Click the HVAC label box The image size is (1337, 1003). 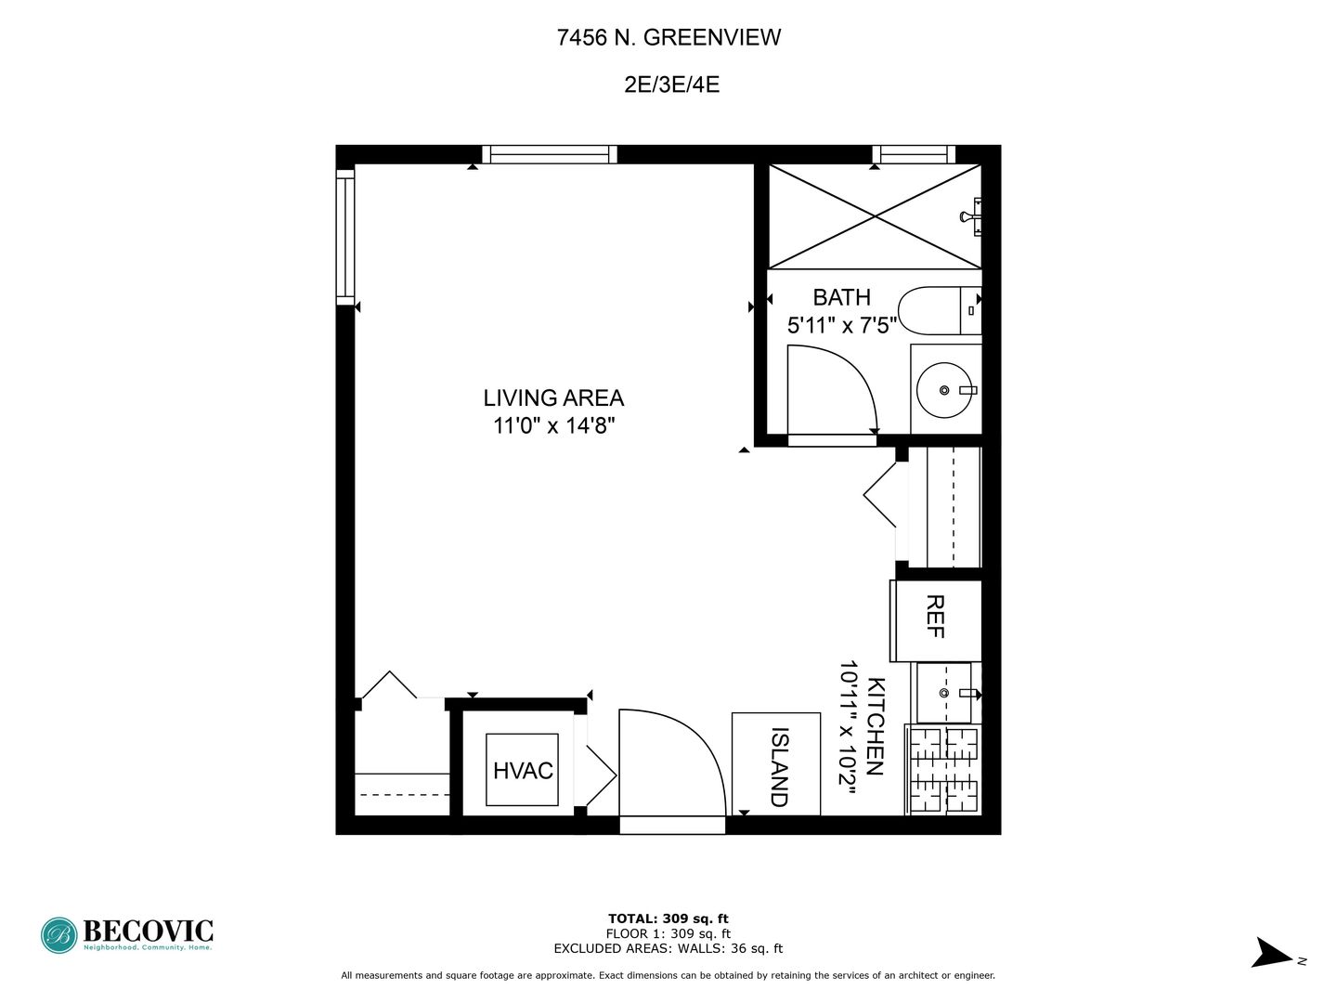point(522,770)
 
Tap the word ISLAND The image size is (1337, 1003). point(780,767)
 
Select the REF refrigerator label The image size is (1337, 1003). point(934,617)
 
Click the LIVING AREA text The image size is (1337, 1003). point(553,397)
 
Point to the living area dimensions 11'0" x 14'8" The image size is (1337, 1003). point(553,425)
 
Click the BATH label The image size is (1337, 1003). point(841,297)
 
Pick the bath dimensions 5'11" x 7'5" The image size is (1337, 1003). point(842,325)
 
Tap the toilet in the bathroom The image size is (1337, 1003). point(940,310)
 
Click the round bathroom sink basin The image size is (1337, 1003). point(944,390)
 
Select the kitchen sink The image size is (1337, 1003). point(945,693)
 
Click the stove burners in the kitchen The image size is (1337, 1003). point(944,769)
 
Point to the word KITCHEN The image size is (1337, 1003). point(876,726)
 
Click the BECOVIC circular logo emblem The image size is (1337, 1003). point(59,935)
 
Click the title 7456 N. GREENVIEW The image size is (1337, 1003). point(668,38)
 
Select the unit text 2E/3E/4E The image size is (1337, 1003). point(671,85)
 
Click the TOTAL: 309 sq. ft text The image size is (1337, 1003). point(668,918)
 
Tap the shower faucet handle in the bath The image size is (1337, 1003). point(972,216)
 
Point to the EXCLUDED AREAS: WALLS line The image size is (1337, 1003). point(668,948)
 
